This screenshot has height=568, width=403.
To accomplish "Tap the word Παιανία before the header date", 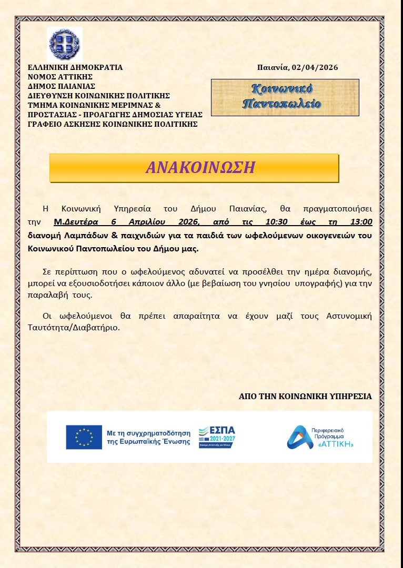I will (273, 67).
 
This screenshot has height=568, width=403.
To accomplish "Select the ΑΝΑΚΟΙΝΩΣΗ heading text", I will (200, 167).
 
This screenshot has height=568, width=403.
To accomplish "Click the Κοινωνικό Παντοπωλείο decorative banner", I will (285, 97).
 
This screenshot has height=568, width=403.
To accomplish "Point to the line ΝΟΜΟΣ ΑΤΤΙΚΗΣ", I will (60, 77).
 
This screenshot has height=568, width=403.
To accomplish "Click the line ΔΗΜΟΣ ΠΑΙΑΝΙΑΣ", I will (62, 86).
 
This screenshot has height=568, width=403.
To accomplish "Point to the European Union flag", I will (84, 437).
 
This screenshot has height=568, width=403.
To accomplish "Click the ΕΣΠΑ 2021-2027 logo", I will (217, 437).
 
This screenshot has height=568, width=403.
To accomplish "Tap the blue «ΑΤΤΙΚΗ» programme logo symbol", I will (298, 437).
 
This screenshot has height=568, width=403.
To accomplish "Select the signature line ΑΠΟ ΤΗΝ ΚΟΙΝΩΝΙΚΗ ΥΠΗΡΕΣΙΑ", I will (305, 396).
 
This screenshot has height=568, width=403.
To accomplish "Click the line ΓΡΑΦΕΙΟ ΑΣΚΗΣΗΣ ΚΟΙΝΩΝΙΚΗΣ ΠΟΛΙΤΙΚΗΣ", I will (113, 124).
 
